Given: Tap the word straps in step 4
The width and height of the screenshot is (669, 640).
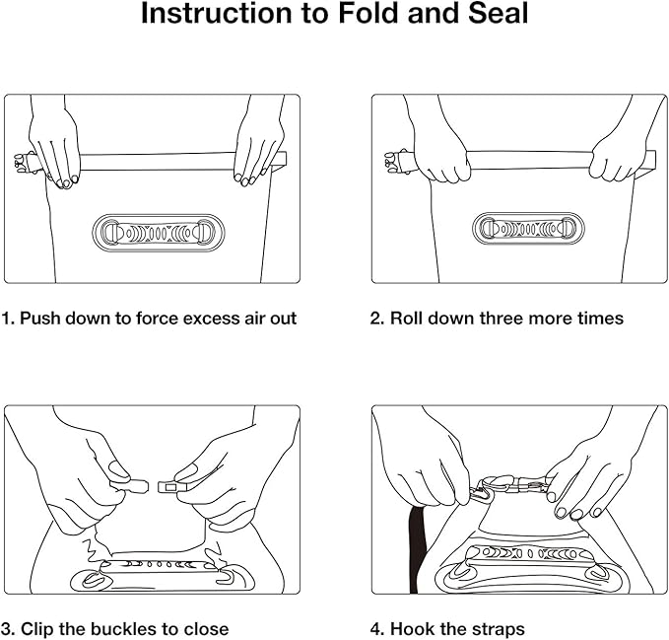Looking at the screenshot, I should click(496, 628).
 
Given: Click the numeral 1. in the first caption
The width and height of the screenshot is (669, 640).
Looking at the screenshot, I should click(8, 319).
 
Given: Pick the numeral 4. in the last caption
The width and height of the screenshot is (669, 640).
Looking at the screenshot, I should click(377, 628).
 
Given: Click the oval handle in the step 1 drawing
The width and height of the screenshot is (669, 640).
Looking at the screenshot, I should click(158, 234).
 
